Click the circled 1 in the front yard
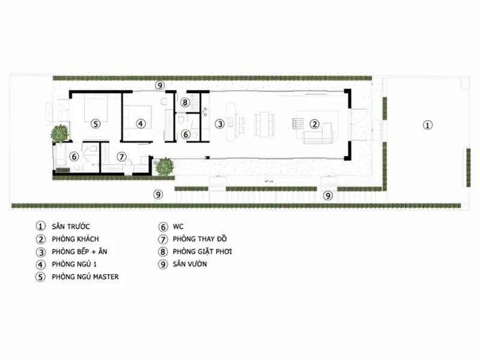[428, 125]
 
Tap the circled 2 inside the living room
[314, 124]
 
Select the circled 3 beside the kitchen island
[220, 124]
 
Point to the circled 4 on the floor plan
[140, 124]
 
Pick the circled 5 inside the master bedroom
[96, 124]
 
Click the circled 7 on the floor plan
[122, 157]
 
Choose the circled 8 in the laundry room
[185, 102]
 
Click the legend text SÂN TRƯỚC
[71, 227]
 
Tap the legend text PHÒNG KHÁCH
[76, 239]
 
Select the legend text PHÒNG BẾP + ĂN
[80, 251]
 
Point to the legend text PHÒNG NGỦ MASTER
[85, 277]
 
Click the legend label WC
[178, 227]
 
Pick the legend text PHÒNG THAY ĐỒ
[200, 239]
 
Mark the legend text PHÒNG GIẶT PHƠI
[202, 251]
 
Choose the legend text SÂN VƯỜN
[190, 264]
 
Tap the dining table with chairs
[264, 124]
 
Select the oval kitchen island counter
[231, 122]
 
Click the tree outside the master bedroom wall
[59, 133]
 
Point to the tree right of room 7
[164, 167]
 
